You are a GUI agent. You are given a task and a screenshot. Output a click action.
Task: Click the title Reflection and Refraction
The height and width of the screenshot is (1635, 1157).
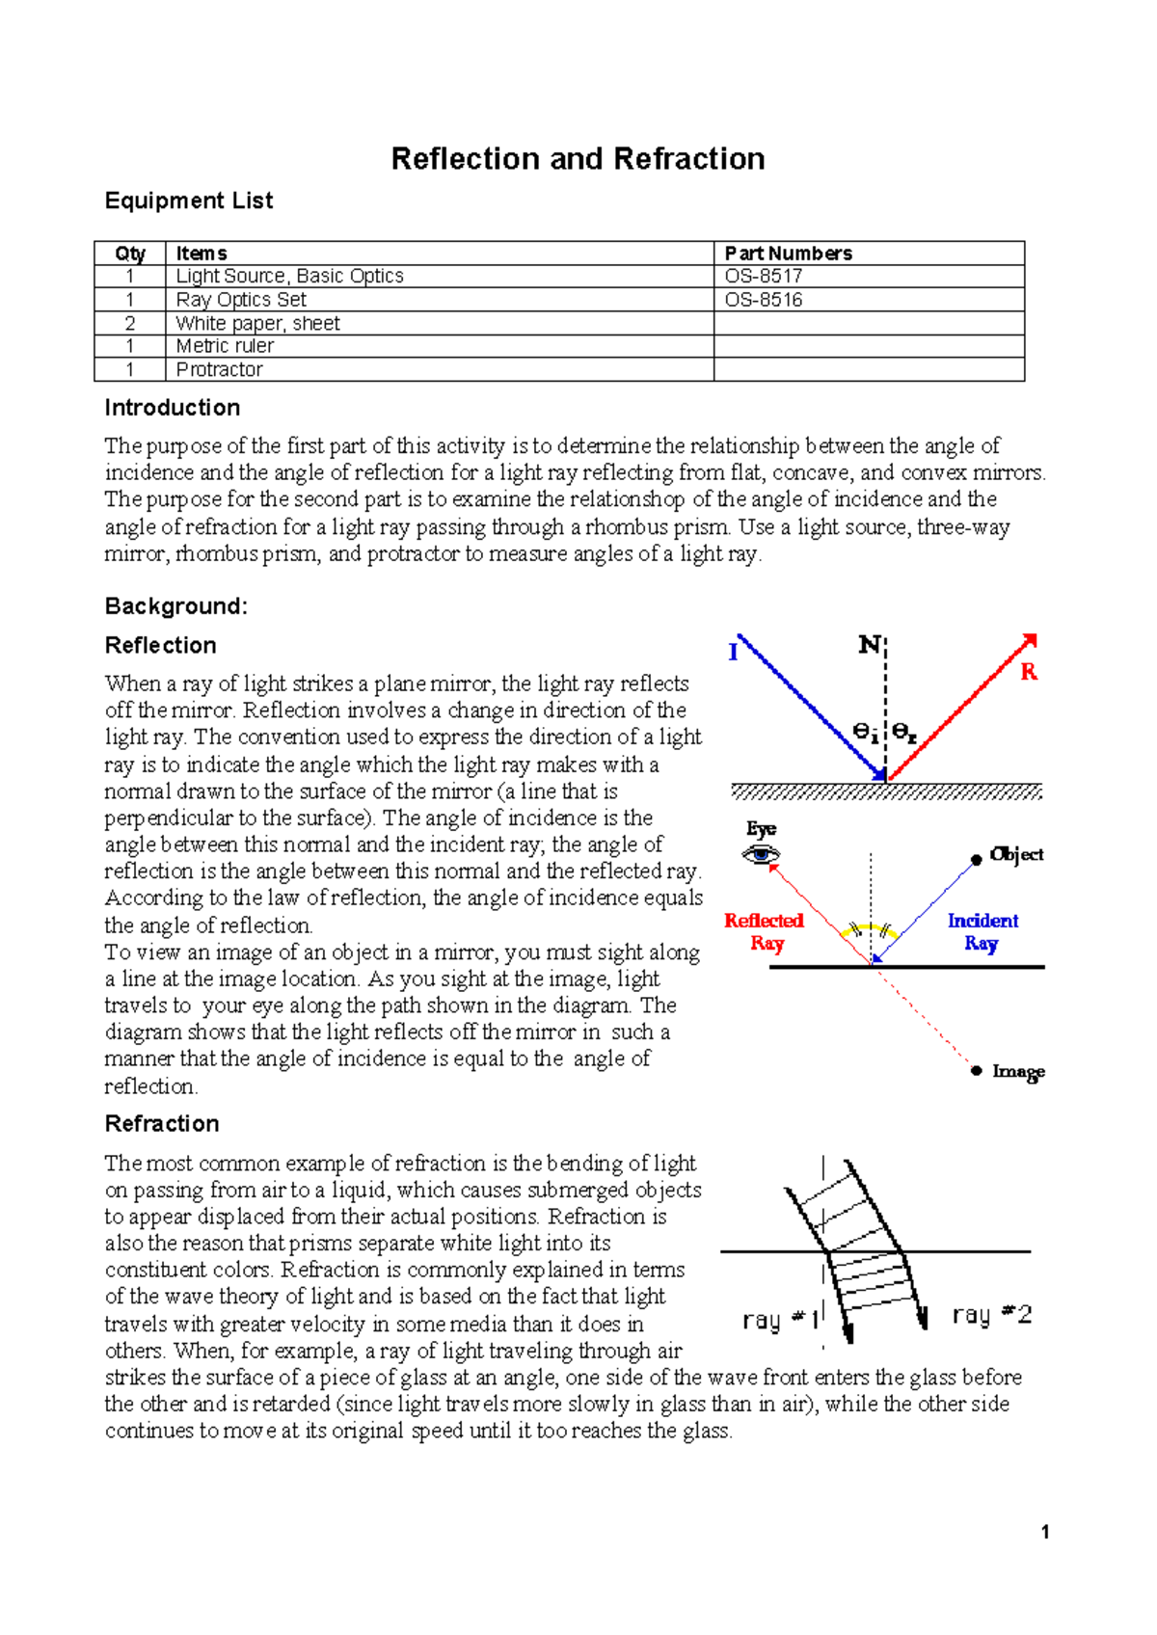pyautogui.click(x=578, y=159)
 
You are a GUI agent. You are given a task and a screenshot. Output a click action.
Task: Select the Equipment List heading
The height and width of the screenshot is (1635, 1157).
pyautogui.click(x=189, y=201)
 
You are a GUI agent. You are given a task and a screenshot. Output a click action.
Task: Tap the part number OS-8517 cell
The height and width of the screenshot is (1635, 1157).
pyautogui.click(x=764, y=276)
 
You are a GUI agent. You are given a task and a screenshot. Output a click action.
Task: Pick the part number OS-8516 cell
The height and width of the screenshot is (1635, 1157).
pyautogui.click(x=764, y=300)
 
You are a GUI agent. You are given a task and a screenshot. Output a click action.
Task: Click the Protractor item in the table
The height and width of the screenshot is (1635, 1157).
pyautogui.click(x=219, y=369)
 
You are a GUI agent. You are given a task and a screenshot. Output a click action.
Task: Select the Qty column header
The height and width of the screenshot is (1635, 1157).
pyautogui.click(x=130, y=254)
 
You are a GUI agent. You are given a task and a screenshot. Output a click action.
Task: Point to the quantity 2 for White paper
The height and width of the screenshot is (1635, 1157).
pyautogui.click(x=130, y=323)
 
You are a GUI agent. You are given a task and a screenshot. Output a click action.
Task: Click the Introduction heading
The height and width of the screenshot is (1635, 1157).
pyautogui.click(x=173, y=408)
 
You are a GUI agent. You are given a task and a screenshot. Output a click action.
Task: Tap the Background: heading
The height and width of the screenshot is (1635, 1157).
pyautogui.click(x=176, y=606)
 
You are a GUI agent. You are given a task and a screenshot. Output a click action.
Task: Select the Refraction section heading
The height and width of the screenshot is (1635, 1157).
pyautogui.click(x=162, y=1124)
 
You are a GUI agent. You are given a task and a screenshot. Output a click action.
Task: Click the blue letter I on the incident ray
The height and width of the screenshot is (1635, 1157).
pyautogui.click(x=733, y=653)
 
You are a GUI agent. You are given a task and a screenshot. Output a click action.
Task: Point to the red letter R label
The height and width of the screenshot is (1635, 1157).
pyautogui.click(x=1029, y=672)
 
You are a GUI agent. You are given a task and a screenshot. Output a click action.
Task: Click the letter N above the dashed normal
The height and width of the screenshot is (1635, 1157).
pyautogui.click(x=869, y=644)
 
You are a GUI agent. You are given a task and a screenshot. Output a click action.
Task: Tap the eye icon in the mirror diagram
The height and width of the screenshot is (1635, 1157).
pyautogui.click(x=761, y=854)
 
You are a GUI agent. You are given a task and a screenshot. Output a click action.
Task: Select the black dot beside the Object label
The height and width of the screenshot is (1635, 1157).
pyautogui.click(x=976, y=859)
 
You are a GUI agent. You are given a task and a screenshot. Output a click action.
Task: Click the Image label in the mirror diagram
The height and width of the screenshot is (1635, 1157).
pyautogui.click(x=1018, y=1071)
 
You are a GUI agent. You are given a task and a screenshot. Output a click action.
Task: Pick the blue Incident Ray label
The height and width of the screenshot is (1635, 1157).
pyautogui.click(x=982, y=932)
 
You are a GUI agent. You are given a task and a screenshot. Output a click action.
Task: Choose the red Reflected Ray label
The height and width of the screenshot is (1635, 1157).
pyautogui.click(x=765, y=932)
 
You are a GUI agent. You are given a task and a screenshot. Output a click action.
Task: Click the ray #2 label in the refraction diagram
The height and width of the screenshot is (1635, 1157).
pyautogui.click(x=991, y=1315)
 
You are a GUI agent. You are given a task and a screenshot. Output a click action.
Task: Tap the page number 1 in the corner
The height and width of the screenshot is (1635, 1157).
pyautogui.click(x=1045, y=1532)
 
